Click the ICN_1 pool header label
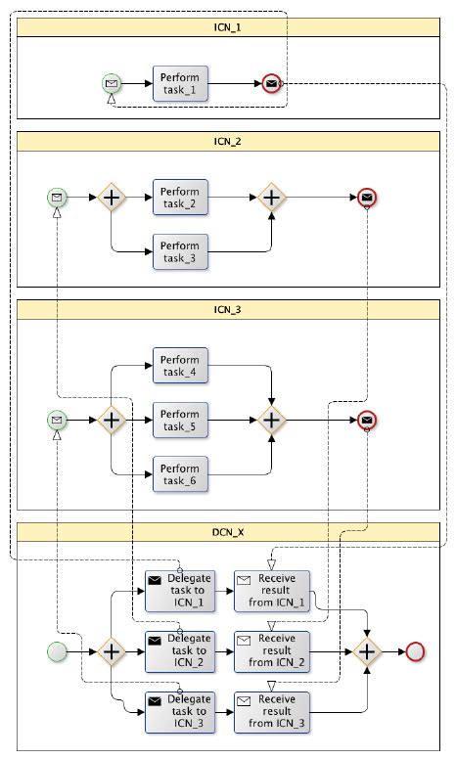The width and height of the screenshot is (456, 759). pyautogui.click(x=227, y=27)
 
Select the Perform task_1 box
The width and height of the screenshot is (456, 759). pyautogui.click(x=180, y=84)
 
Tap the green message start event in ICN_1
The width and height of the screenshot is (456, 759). pyautogui.click(x=112, y=84)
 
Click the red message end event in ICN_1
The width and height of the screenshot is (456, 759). pyautogui.click(x=271, y=84)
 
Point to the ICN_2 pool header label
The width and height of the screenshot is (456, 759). pyautogui.click(x=227, y=142)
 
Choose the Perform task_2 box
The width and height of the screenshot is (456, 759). pyautogui.click(x=180, y=198)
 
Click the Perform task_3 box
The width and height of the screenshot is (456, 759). pyautogui.click(x=180, y=251)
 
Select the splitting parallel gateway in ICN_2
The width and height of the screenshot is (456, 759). pyautogui.click(x=112, y=198)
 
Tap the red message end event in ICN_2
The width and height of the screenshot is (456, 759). pyautogui.click(x=367, y=198)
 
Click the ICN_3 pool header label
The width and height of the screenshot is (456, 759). pyautogui.click(x=227, y=310)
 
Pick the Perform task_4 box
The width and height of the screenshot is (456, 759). pyautogui.click(x=180, y=366)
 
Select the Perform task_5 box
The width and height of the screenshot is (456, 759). pyautogui.click(x=180, y=420)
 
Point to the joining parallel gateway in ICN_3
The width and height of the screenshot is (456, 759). pyautogui.click(x=272, y=420)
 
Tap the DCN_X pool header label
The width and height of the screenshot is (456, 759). pyautogui.click(x=227, y=532)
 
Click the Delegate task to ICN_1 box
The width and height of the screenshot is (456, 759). pyautogui.click(x=180, y=591)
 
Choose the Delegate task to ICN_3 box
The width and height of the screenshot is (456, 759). pyautogui.click(x=180, y=712)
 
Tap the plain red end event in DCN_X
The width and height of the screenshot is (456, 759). pyautogui.click(x=415, y=650)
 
